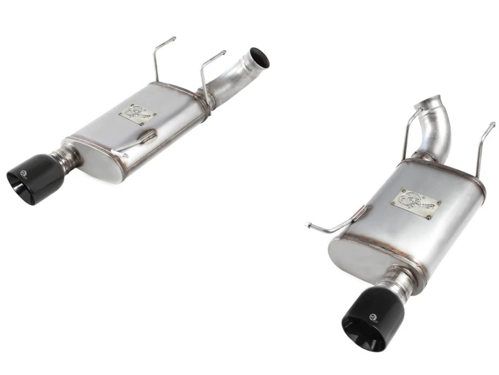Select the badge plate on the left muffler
(x=137, y=114)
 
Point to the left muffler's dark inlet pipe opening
(x=259, y=57)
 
